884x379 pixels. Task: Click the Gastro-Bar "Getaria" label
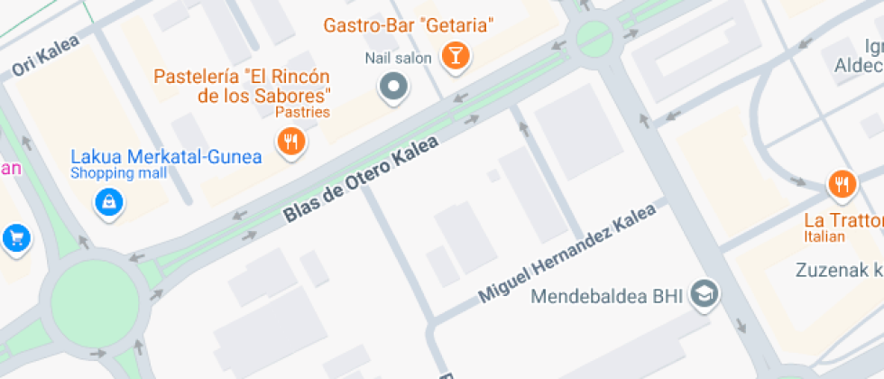409,24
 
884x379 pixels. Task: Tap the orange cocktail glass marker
456,57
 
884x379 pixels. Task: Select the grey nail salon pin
393,88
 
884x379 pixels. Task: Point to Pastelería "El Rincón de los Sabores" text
242,85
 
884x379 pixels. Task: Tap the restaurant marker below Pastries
290,142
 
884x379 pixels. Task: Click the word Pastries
302,113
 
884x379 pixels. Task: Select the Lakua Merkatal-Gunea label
166,157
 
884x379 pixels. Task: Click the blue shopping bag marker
108,202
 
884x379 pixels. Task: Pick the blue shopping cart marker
15,238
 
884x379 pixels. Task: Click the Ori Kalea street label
46,55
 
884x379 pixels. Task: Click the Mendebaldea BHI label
608,295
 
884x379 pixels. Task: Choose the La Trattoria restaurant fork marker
841,185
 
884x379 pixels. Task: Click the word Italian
824,236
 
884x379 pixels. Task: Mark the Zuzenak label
840,269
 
